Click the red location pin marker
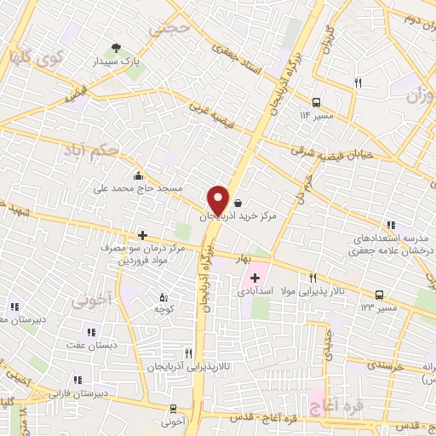point(219,199)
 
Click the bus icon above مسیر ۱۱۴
point(316,100)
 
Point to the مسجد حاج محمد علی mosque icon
point(138,176)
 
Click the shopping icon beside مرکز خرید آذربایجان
point(237,204)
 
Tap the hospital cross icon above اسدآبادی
point(255,278)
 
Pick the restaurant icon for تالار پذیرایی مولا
point(313,278)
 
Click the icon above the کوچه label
point(164,297)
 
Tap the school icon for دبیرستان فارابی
point(78,380)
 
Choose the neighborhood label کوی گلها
point(32,58)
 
